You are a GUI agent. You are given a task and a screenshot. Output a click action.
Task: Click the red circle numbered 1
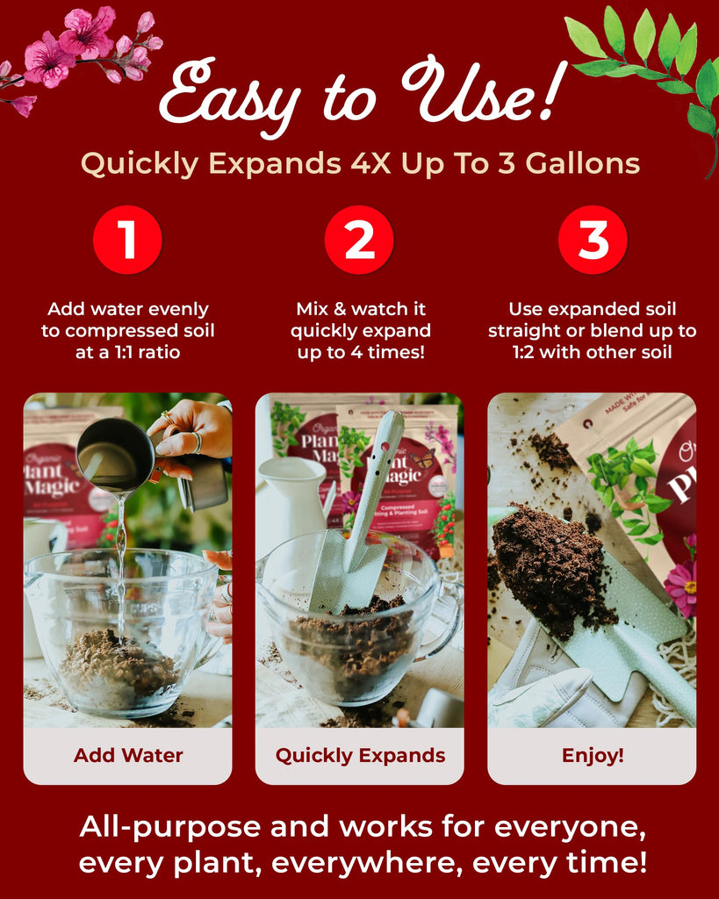127,240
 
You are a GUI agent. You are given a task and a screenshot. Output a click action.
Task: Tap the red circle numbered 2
359,240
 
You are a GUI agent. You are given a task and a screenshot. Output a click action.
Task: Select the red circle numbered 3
593,240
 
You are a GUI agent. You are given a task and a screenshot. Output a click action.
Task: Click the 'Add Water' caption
128,755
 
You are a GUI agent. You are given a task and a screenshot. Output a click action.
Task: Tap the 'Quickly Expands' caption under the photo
360,756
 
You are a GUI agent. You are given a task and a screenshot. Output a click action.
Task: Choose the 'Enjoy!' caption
593,756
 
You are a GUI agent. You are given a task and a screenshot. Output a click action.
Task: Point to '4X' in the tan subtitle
370,163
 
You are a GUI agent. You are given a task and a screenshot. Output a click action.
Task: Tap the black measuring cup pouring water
117,454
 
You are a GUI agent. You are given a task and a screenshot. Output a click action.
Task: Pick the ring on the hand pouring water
196,442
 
